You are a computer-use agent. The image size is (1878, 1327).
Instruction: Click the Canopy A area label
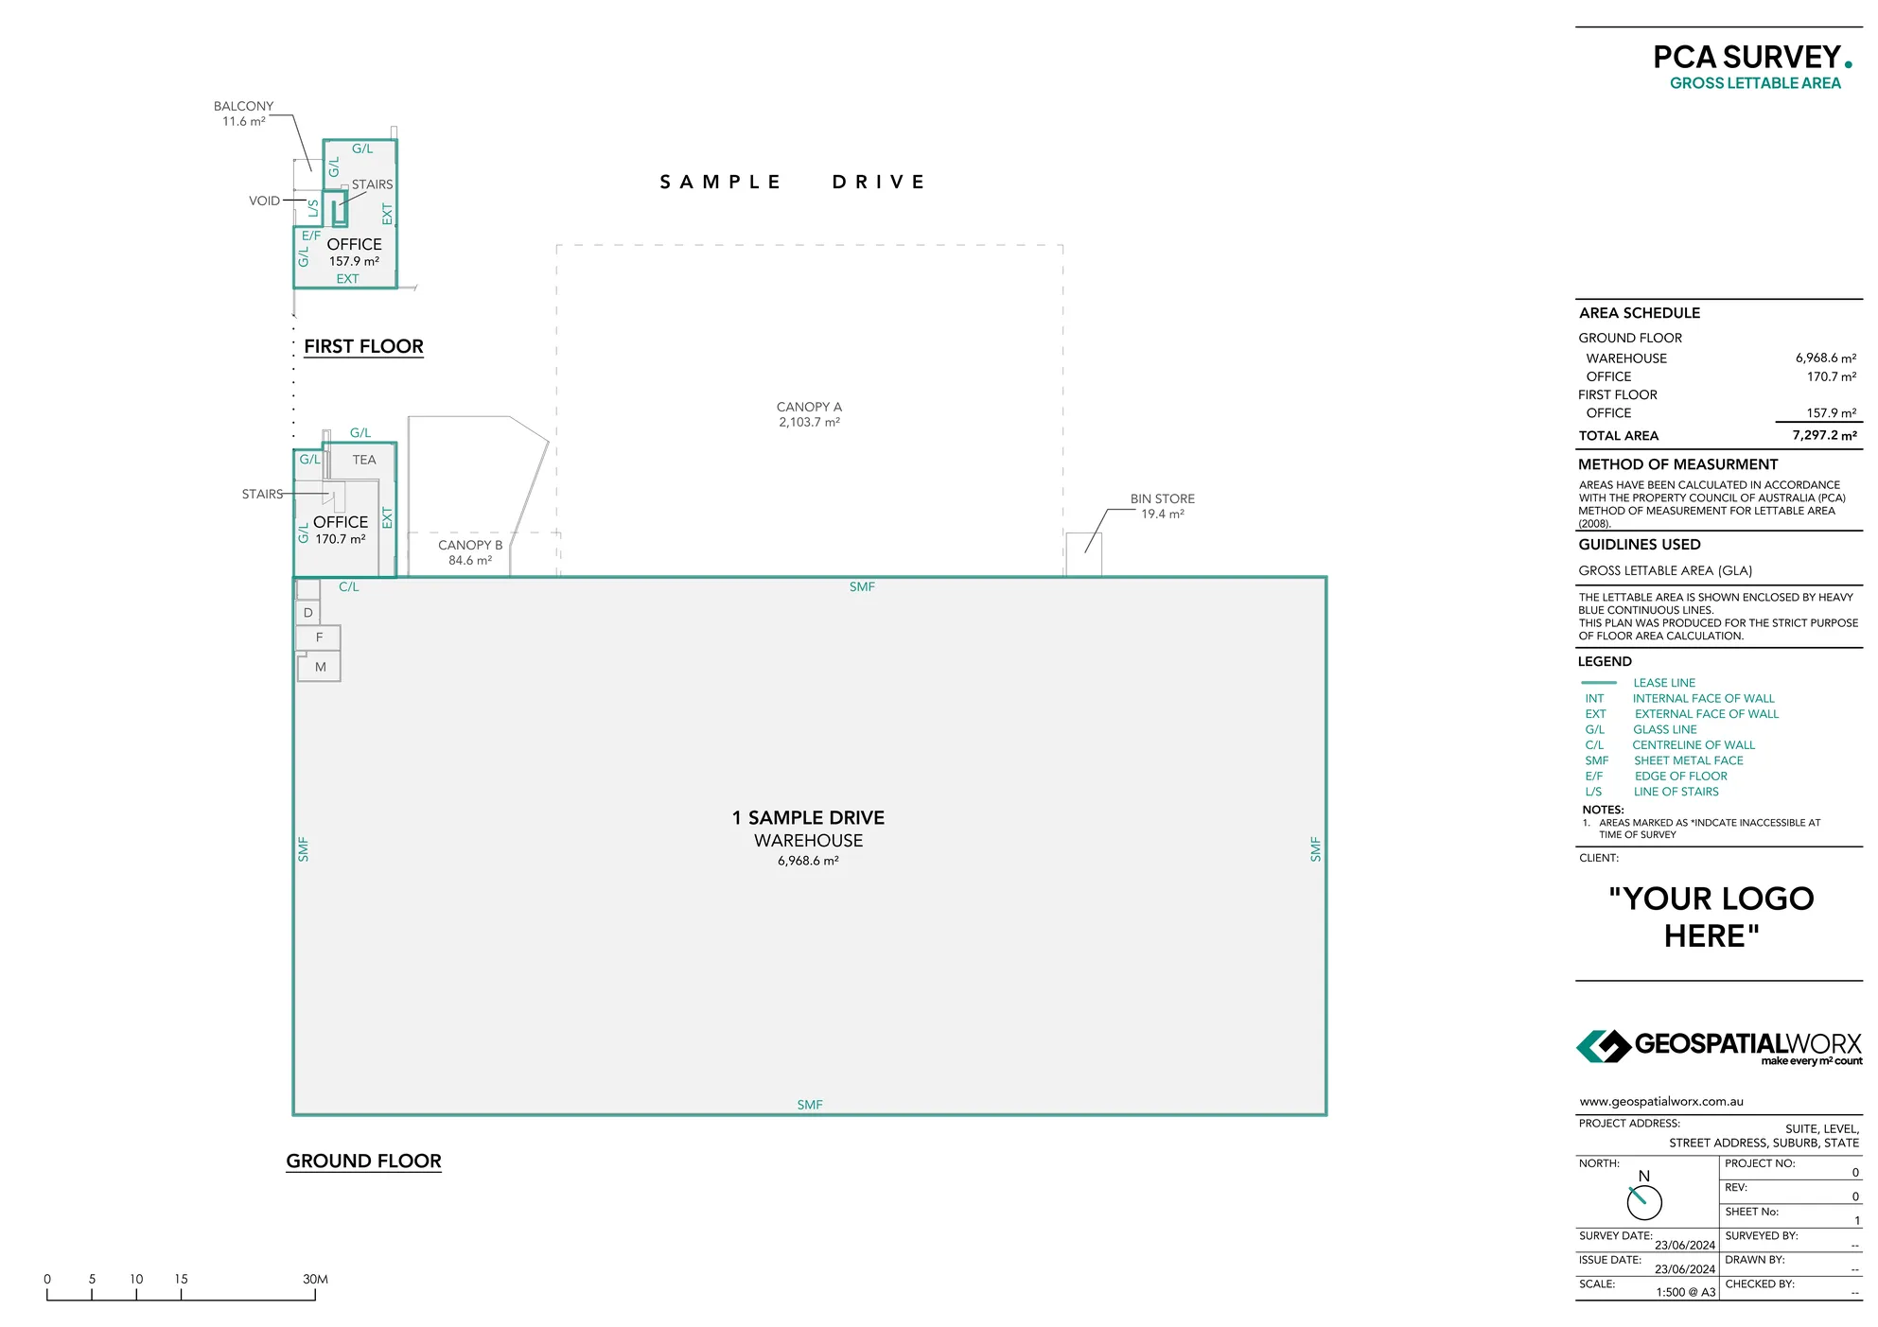tap(809, 414)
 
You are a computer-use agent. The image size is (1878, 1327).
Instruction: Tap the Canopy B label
tap(470, 552)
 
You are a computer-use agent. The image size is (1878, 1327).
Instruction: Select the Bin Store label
tap(1162, 506)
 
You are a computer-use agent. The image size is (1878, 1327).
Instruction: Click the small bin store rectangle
tap(1083, 554)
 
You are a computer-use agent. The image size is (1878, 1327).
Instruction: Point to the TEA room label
tap(364, 460)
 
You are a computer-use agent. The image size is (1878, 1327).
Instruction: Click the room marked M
tap(320, 667)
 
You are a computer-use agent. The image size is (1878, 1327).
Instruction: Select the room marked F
tap(319, 637)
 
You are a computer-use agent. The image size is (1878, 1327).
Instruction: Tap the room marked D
tap(307, 613)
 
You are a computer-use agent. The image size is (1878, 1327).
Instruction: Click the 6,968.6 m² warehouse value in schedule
tap(1825, 358)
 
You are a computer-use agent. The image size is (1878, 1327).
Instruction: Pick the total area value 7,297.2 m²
tap(1823, 435)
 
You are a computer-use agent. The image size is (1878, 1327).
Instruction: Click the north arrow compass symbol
tap(1644, 1202)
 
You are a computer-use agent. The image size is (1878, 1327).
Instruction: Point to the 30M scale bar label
tap(315, 1279)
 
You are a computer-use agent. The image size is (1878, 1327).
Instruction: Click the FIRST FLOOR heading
tap(363, 346)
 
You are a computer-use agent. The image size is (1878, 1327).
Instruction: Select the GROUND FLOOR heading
tap(363, 1161)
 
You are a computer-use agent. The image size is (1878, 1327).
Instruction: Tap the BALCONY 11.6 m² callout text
tap(243, 113)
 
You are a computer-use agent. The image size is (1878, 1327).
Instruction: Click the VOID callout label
tap(264, 201)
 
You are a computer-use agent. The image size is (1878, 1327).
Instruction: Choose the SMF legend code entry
tap(1597, 760)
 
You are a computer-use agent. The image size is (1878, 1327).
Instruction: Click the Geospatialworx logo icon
tap(1603, 1046)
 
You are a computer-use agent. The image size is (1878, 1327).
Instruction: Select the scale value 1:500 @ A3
tap(1685, 1292)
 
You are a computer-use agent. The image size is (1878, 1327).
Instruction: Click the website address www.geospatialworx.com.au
tap(1660, 1101)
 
